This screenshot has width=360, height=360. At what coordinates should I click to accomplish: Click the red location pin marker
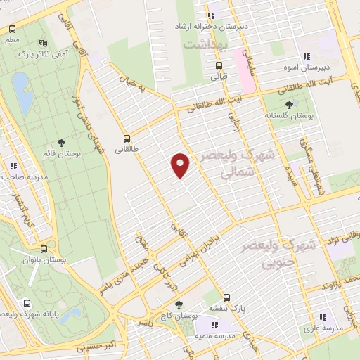point(181,165)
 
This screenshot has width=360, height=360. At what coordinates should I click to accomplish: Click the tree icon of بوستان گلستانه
point(289,105)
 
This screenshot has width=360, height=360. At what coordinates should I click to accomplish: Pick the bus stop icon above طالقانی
point(127,139)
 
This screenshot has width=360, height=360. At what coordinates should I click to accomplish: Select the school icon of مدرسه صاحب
point(13,166)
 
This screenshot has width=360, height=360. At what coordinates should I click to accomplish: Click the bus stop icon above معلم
point(12,30)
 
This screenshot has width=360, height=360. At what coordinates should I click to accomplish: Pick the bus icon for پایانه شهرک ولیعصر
point(27,303)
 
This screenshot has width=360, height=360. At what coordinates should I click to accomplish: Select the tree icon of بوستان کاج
point(179,303)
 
